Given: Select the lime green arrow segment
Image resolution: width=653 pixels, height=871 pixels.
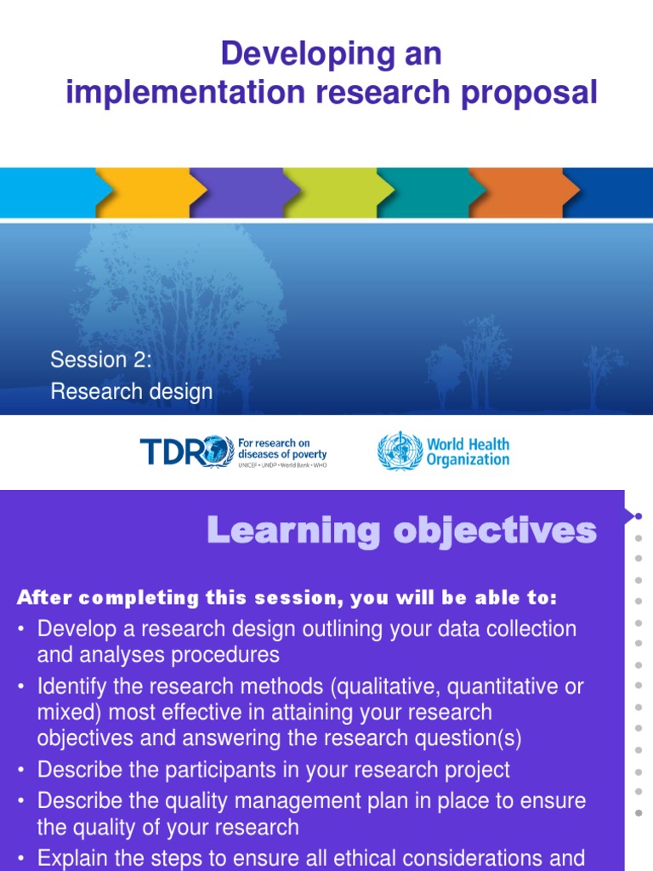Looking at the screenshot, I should [332, 192].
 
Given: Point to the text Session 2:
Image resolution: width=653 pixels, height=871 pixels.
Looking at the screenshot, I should [100, 360].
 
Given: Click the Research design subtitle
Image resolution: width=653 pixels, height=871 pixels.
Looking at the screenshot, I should [131, 391].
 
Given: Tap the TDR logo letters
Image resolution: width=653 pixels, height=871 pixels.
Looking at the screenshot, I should [174, 451].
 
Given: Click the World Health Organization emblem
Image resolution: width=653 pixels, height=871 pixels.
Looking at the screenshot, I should [399, 452].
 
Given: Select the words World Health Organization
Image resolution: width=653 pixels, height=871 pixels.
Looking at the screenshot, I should [468, 452].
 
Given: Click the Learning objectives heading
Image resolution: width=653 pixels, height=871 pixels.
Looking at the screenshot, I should [402, 531].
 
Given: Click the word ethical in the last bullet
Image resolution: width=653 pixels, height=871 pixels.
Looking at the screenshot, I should [363, 858].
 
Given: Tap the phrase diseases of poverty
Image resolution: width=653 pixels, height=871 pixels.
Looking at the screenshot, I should [281, 454].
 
